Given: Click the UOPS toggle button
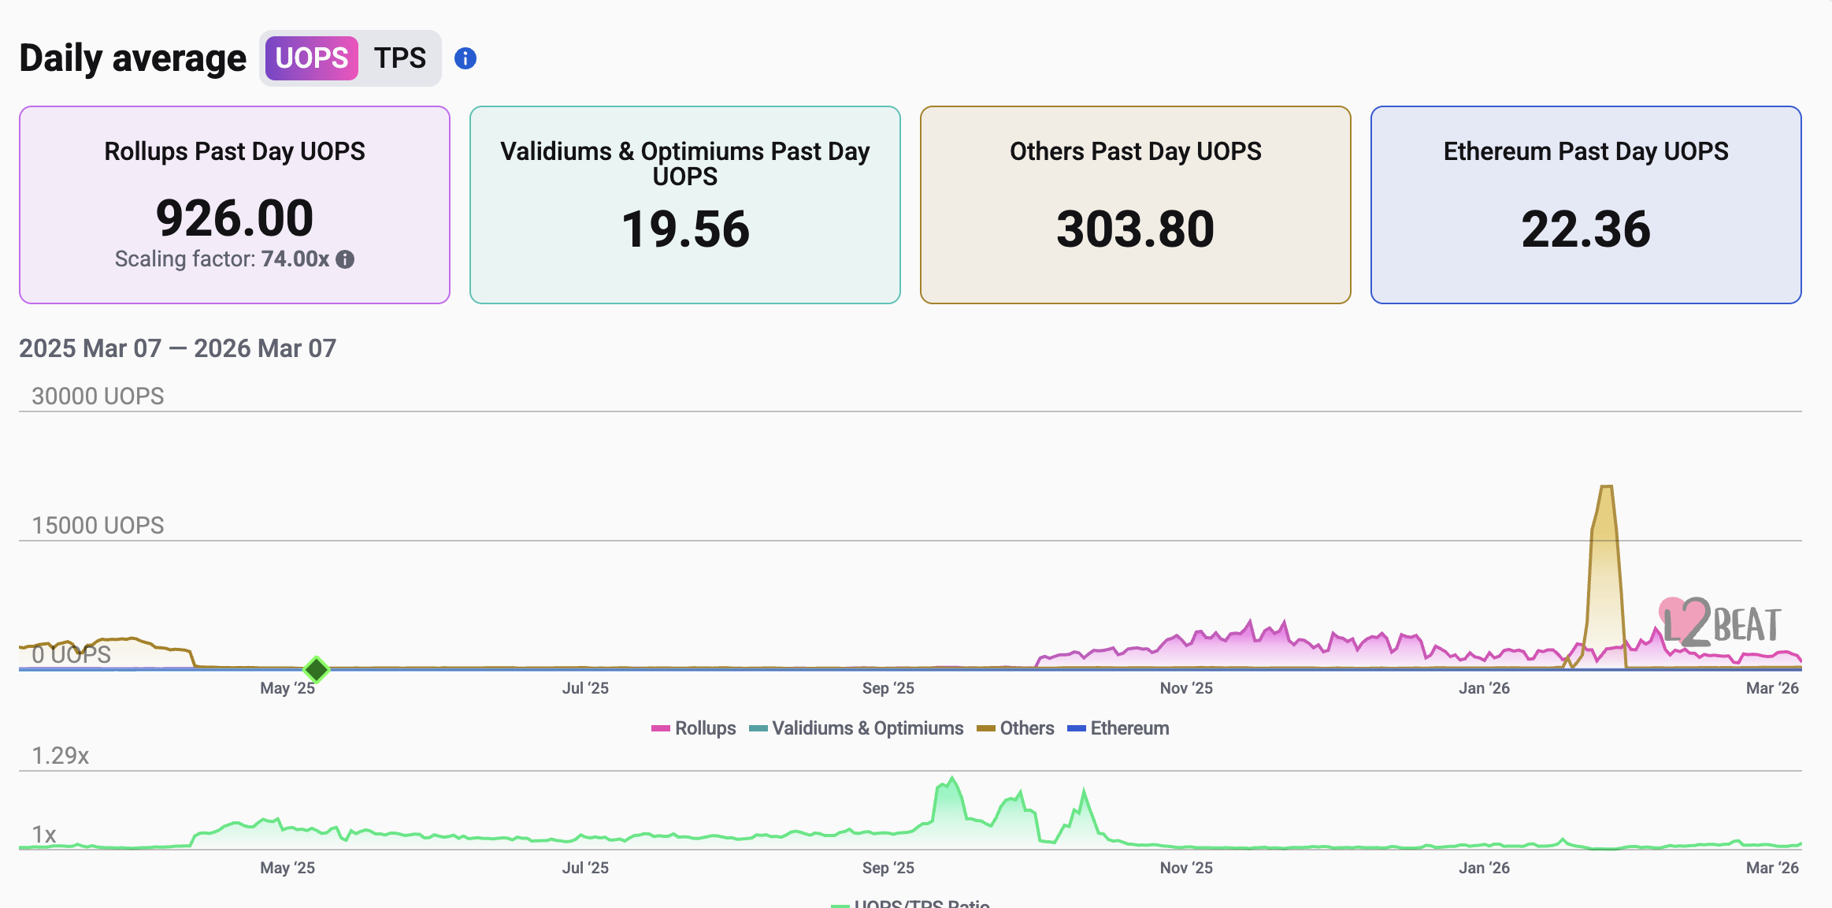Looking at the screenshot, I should click(311, 58).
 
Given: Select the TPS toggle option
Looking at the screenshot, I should click(399, 58).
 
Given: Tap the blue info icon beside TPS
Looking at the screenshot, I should click(465, 58).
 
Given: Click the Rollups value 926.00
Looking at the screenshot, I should click(235, 218).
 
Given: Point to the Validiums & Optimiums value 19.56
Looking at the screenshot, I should click(685, 229).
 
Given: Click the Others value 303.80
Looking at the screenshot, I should click(1135, 229).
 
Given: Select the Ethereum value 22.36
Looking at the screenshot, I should click(1585, 229).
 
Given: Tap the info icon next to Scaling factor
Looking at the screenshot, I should click(345, 259).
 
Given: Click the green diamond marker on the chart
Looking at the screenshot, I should click(316, 669).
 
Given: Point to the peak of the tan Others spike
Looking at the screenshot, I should click(1607, 488).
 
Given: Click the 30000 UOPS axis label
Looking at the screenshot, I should click(98, 396).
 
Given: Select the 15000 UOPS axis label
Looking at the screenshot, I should click(98, 525).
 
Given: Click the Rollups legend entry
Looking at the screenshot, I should click(694, 728).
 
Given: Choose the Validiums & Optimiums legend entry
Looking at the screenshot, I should click(856, 728).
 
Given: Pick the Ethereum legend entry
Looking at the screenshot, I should click(1118, 728).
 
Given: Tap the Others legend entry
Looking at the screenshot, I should click(1016, 728).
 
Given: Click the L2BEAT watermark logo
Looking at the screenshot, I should click(1720, 623).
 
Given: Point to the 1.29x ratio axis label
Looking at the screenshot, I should click(60, 756).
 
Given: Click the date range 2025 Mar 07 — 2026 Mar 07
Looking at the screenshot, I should click(177, 348).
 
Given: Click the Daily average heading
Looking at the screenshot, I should click(132, 58).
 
